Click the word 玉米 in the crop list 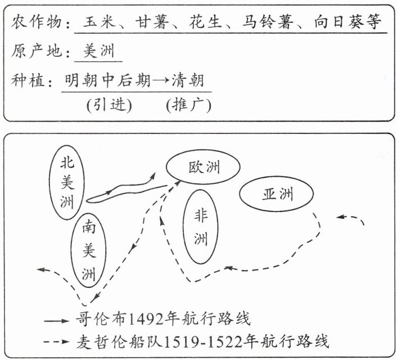99,24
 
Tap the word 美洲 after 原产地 98,52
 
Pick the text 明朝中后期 108,82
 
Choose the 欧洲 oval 204,167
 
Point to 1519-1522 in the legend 213,341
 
